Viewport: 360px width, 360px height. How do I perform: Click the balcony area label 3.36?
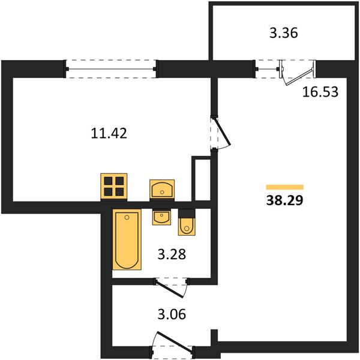[284, 33]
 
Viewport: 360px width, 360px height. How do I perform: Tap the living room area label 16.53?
[320, 92]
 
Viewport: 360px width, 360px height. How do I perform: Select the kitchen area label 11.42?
[109, 133]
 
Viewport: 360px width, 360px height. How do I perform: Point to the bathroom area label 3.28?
[172, 254]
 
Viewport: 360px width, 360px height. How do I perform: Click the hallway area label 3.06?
[172, 314]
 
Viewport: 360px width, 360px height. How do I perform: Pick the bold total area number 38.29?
[284, 200]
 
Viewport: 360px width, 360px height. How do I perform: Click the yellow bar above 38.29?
[284, 187]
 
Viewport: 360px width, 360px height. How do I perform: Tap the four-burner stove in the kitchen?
[114, 186]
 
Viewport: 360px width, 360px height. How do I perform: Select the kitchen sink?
[162, 189]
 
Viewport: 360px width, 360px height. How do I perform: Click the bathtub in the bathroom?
[127, 239]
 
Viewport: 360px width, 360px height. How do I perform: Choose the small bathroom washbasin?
[161, 217]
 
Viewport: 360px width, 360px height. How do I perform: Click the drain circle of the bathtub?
[127, 217]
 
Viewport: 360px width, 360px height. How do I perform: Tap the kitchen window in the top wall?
[111, 69]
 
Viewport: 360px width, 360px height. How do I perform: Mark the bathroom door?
[170, 289]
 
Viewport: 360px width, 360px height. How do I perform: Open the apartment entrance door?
[175, 341]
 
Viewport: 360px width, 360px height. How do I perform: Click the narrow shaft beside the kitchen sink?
[201, 179]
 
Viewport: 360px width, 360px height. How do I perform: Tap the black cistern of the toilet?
[187, 214]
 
